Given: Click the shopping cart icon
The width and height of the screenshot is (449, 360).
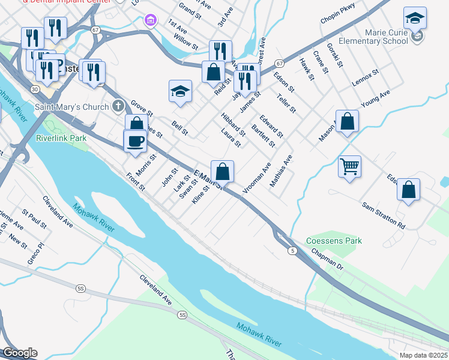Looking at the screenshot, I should coord(349,166).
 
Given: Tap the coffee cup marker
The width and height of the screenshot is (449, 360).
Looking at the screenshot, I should coord(135,142).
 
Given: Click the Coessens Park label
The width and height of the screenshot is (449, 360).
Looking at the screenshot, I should coord(334,241).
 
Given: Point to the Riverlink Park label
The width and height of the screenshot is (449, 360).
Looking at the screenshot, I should coord(61,138).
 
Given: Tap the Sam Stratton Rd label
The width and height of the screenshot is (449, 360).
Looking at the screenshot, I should coord(383,215).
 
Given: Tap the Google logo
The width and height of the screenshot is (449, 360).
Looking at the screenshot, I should coord(19,353).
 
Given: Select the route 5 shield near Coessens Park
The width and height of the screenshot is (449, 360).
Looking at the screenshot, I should coord(292,250).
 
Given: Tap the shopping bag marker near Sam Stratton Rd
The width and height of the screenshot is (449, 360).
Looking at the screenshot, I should coord(408,190).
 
